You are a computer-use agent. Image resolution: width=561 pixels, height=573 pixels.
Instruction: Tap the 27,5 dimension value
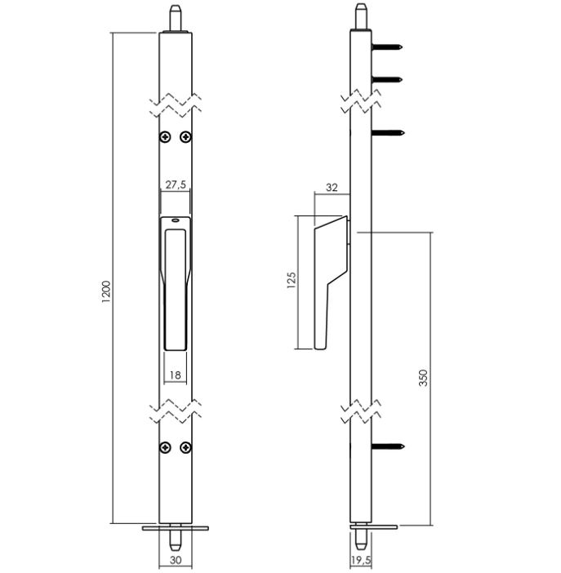click(x=176, y=185)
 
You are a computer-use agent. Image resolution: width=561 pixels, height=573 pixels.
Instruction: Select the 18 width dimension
click(x=175, y=375)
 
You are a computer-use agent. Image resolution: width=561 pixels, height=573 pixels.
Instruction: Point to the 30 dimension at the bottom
click(x=176, y=560)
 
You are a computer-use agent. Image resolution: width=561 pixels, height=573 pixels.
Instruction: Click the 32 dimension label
click(x=332, y=187)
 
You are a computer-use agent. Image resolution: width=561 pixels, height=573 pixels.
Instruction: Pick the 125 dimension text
click(x=292, y=282)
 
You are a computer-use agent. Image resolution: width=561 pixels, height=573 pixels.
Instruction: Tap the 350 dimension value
click(x=423, y=378)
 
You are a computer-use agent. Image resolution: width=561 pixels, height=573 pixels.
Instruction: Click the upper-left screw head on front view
click(x=165, y=136)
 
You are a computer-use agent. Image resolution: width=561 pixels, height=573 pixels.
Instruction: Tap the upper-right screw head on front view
click(x=186, y=136)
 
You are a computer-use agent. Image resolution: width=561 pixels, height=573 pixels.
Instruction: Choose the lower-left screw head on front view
click(x=165, y=447)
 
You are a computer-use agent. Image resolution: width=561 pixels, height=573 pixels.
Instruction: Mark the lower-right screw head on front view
click(x=186, y=447)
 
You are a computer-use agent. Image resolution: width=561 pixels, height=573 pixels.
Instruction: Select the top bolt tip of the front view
click(x=176, y=16)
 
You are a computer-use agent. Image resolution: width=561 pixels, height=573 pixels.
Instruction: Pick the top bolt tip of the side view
click(x=360, y=16)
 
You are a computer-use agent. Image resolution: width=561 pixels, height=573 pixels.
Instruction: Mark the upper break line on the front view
click(x=176, y=105)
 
